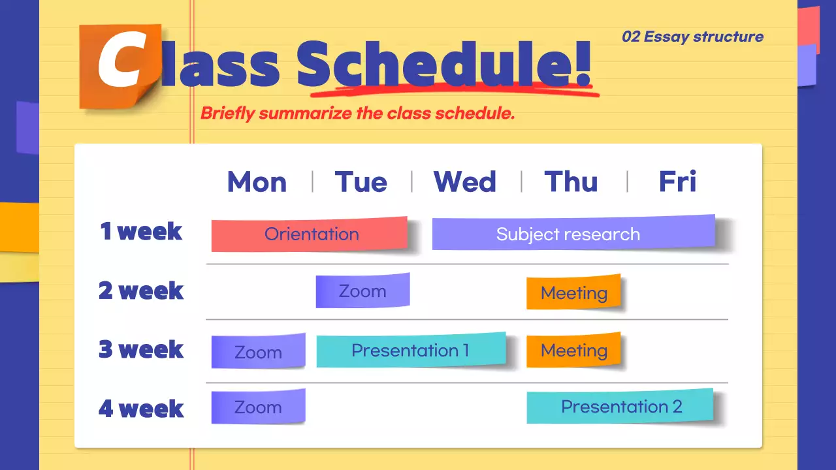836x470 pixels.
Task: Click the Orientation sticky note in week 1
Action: click(310, 234)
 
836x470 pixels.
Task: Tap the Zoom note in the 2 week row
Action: click(362, 290)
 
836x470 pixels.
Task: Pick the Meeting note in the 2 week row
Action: click(573, 292)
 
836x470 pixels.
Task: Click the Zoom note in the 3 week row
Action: click(258, 351)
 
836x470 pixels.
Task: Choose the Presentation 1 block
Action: click(411, 351)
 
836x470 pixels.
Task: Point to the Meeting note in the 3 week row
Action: click(573, 351)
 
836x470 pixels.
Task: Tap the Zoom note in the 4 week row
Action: click(258, 407)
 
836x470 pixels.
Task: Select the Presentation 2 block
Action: click(620, 406)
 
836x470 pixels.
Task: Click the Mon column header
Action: click(257, 181)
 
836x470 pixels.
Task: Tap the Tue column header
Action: click(361, 181)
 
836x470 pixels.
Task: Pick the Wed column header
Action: click(464, 181)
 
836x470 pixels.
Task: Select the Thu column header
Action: click(571, 181)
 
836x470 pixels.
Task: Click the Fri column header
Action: click(677, 181)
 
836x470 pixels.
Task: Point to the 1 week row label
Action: click(140, 231)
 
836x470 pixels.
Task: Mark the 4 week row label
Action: click(140, 409)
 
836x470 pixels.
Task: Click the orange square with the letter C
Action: click(118, 65)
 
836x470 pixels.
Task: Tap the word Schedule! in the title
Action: click(444, 63)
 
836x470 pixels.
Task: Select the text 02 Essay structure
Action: click(692, 37)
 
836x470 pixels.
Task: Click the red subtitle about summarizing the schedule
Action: click(357, 113)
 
